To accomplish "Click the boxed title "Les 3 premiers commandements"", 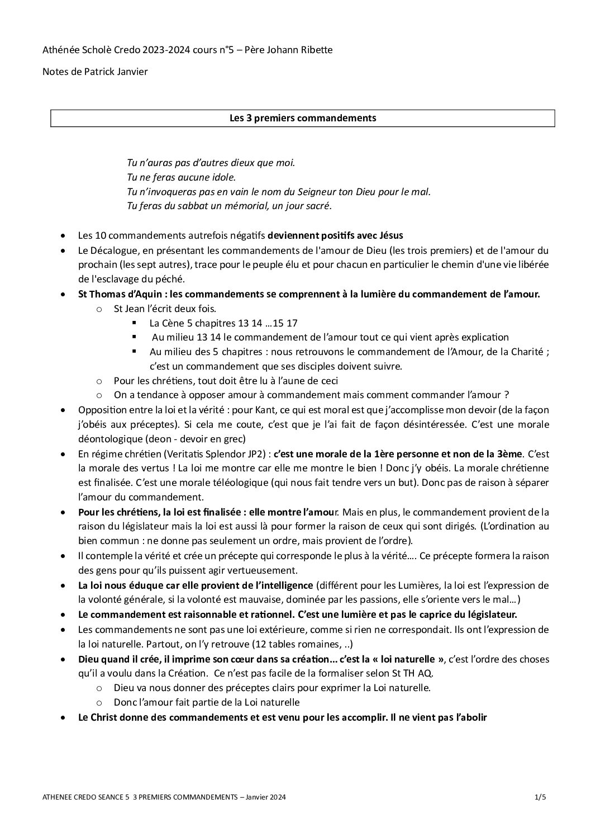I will [x=303, y=118].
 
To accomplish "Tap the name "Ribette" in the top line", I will [x=317, y=50].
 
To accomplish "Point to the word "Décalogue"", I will [x=116, y=250].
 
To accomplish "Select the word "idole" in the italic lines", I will [x=221, y=177].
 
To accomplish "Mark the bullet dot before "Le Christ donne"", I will [x=65, y=717].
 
